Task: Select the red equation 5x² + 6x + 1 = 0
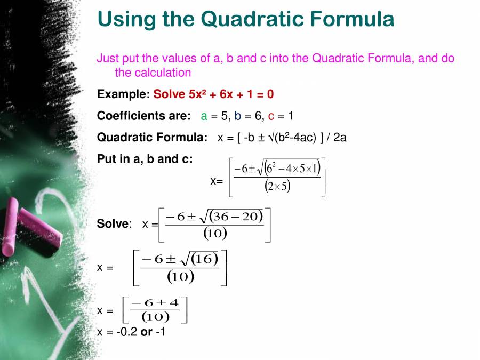coord(213,94)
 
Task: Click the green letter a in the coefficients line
coord(204,116)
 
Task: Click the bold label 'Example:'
coord(123,94)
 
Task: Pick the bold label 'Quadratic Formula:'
coord(152,137)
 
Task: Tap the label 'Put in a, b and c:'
coord(145,159)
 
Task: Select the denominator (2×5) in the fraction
coord(277,186)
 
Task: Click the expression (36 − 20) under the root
coord(236,215)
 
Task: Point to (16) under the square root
coord(205,259)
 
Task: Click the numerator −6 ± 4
coord(155,303)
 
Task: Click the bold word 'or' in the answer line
coord(146,332)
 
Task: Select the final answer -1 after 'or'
coord(160,332)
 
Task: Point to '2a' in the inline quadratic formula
coord(340,137)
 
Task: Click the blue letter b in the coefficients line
coord(237,116)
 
